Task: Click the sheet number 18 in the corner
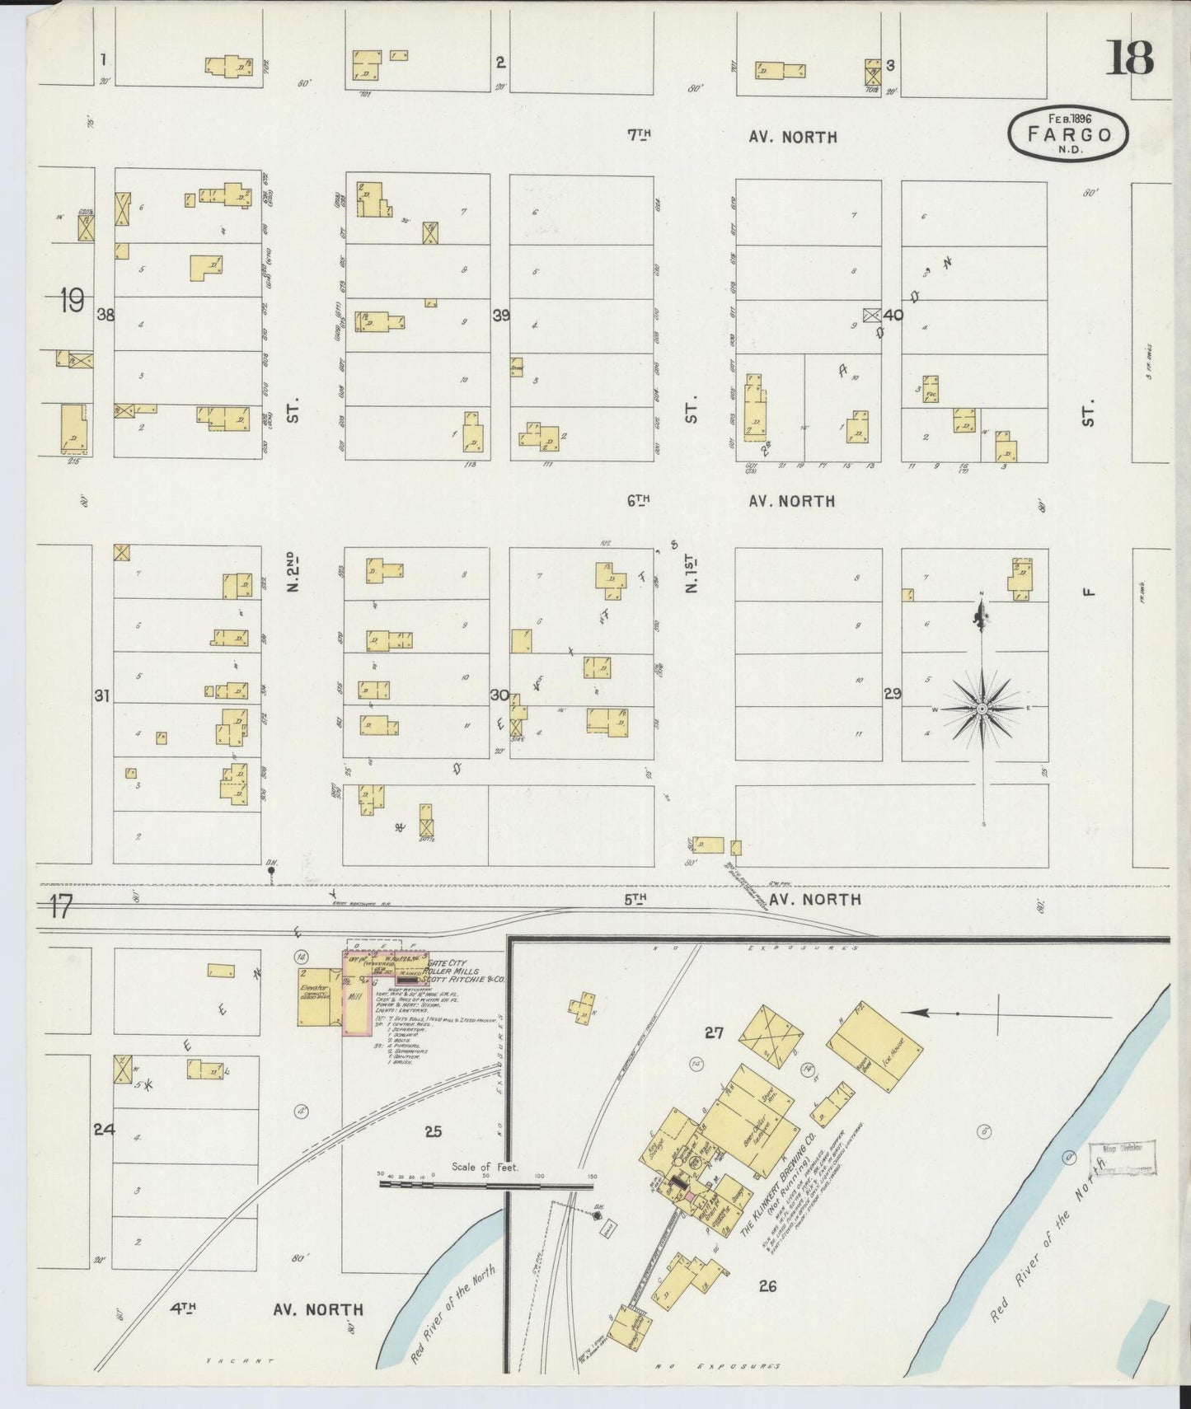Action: click(x=1131, y=57)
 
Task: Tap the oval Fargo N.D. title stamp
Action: click(x=1067, y=133)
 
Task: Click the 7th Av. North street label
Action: click(x=732, y=137)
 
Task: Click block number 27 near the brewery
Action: click(x=714, y=1032)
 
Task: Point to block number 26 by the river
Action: click(x=767, y=1285)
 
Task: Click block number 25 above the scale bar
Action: click(x=433, y=1131)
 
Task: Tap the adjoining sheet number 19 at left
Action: click(x=71, y=301)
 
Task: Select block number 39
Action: click(x=500, y=315)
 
